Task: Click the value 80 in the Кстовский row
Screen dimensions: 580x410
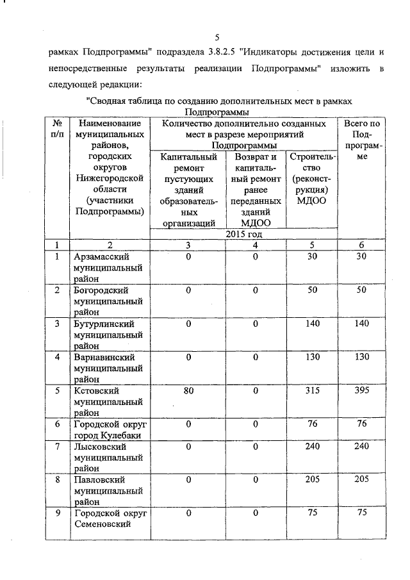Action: [x=188, y=391]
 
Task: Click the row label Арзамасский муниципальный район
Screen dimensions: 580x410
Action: [x=107, y=268]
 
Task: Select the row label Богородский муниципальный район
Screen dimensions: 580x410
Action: [x=107, y=301]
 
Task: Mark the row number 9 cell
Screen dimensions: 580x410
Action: [x=58, y=513]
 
